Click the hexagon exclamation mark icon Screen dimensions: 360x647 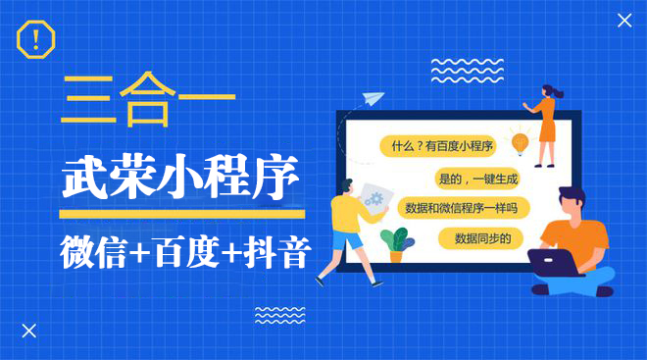click(x=36, y=40)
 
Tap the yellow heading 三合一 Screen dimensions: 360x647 click(x=147, y=101)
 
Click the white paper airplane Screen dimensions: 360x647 click(x=372, y=98)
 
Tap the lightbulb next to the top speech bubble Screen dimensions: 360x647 click(x=521, y=143)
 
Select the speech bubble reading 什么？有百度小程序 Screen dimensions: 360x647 click(x=441, y=146)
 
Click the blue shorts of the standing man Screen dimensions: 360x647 click(x=342, y=239)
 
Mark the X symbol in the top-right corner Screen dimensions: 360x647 click(x=624, y=20)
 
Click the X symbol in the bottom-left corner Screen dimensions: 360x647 click(x=28, y=331)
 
